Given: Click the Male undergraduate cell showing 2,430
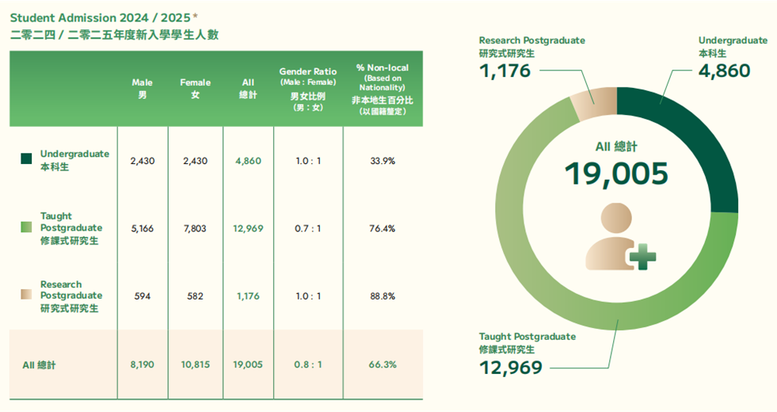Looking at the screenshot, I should click(x=143, y=161).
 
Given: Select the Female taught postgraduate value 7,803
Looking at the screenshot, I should click(x=195, y=228).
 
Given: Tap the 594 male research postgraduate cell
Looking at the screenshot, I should click(x=143, y=296).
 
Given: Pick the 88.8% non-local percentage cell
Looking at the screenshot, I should click(x=383, y=296).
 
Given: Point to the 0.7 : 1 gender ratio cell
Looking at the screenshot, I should click(x=307, y=228).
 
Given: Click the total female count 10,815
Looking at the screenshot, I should click(x=195, y=364).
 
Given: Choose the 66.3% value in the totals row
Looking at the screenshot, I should click(x=383, y=364).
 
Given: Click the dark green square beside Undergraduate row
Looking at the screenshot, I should click(x=26, y=159).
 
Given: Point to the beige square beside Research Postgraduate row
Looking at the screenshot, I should click(x=26, y=295).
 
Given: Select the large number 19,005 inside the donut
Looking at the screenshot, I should click(x=616, y=174).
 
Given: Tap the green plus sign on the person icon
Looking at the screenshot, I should click(x=642, y=255).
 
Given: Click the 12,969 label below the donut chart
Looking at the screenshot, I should click(x=511, y=368).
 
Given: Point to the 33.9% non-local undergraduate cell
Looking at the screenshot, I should click(x=383, y=161).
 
